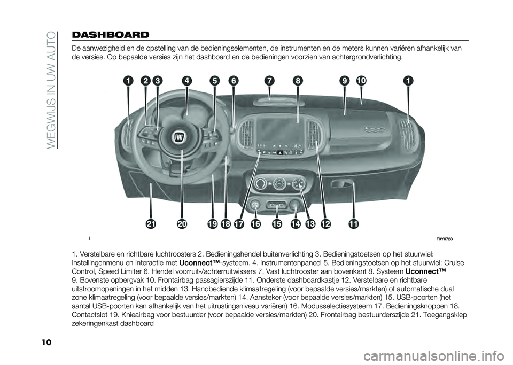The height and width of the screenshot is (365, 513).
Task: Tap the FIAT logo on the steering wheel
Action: pyautogui.click(x=180, y=137)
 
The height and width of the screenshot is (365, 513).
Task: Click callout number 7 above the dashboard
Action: pyautogui.click(x=270, y=81)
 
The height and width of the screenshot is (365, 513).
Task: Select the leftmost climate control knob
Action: pyautogui.click(x=261, y=184)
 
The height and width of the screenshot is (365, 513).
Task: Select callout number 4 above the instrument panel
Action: pyautogui.click(x=186, y=81)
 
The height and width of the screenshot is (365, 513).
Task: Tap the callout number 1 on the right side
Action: pyautogui.click(x=409, y=81)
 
